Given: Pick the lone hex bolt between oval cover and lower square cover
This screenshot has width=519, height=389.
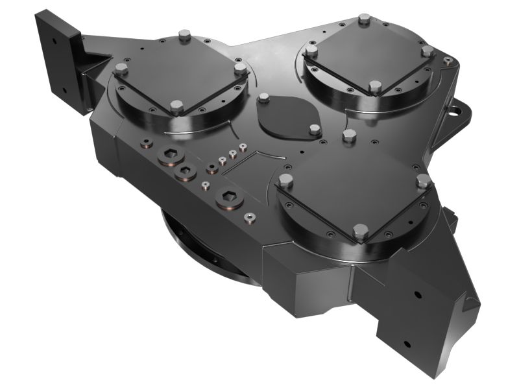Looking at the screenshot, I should [x=349, y=135].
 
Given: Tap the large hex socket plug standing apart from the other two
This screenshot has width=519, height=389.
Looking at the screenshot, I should [x=230, y=198].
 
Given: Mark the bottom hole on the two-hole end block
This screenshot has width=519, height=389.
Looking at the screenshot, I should [x=407, y=343].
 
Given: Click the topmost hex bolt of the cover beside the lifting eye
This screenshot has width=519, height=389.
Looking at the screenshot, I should [x=364, y=19].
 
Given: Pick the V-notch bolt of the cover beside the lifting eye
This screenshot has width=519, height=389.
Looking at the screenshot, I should [x=374, y=86].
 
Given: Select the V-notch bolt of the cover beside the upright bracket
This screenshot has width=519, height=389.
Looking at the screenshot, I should [x=177, y=106].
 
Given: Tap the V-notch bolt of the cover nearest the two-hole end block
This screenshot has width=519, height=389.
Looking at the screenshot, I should [x=361, y=231].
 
